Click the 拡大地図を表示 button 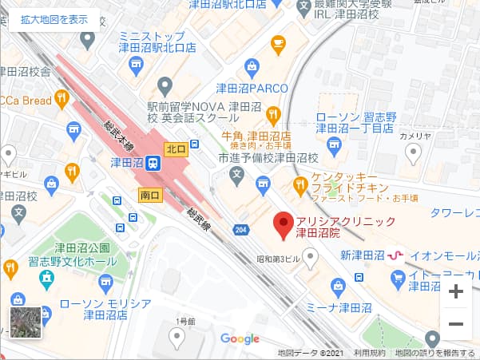(x=54, y=19)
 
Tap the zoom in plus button (x=456, y=292)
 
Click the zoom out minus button (x=456, y=324)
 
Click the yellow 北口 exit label (x=176, y=149)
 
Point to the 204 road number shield (x=241, y=231)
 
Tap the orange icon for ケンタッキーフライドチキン (x=300, y=186)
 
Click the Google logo (x=240, y=339)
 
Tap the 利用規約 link (x=369, y=353)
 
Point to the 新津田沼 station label (x=363, y=255)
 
